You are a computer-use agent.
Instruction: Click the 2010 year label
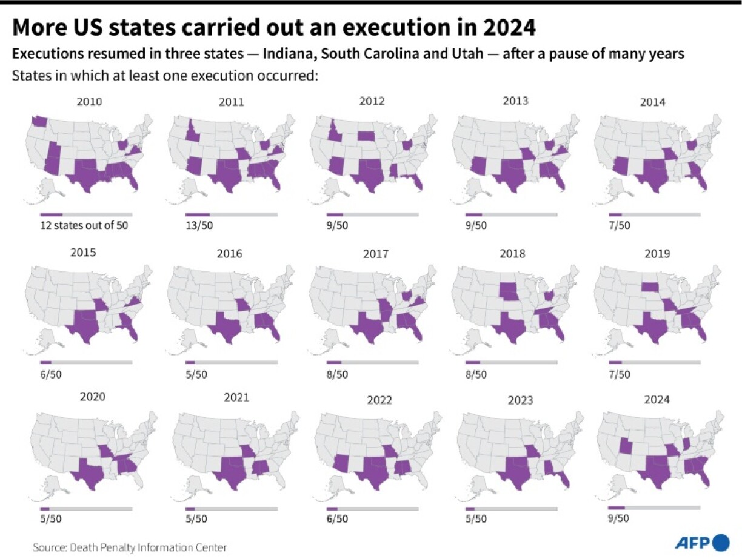[90, 101]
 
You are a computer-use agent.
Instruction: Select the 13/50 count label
[196, 225]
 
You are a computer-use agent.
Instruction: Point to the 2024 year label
[657, 399]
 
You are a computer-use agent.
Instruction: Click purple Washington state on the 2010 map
[39, 121]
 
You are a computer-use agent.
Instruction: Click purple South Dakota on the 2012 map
[366, 135]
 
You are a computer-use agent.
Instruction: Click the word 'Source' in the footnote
[48, 547]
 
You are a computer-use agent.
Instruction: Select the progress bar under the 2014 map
[654, 214]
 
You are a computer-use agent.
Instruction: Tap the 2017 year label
[375, 254]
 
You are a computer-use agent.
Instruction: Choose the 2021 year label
[236, 397]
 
